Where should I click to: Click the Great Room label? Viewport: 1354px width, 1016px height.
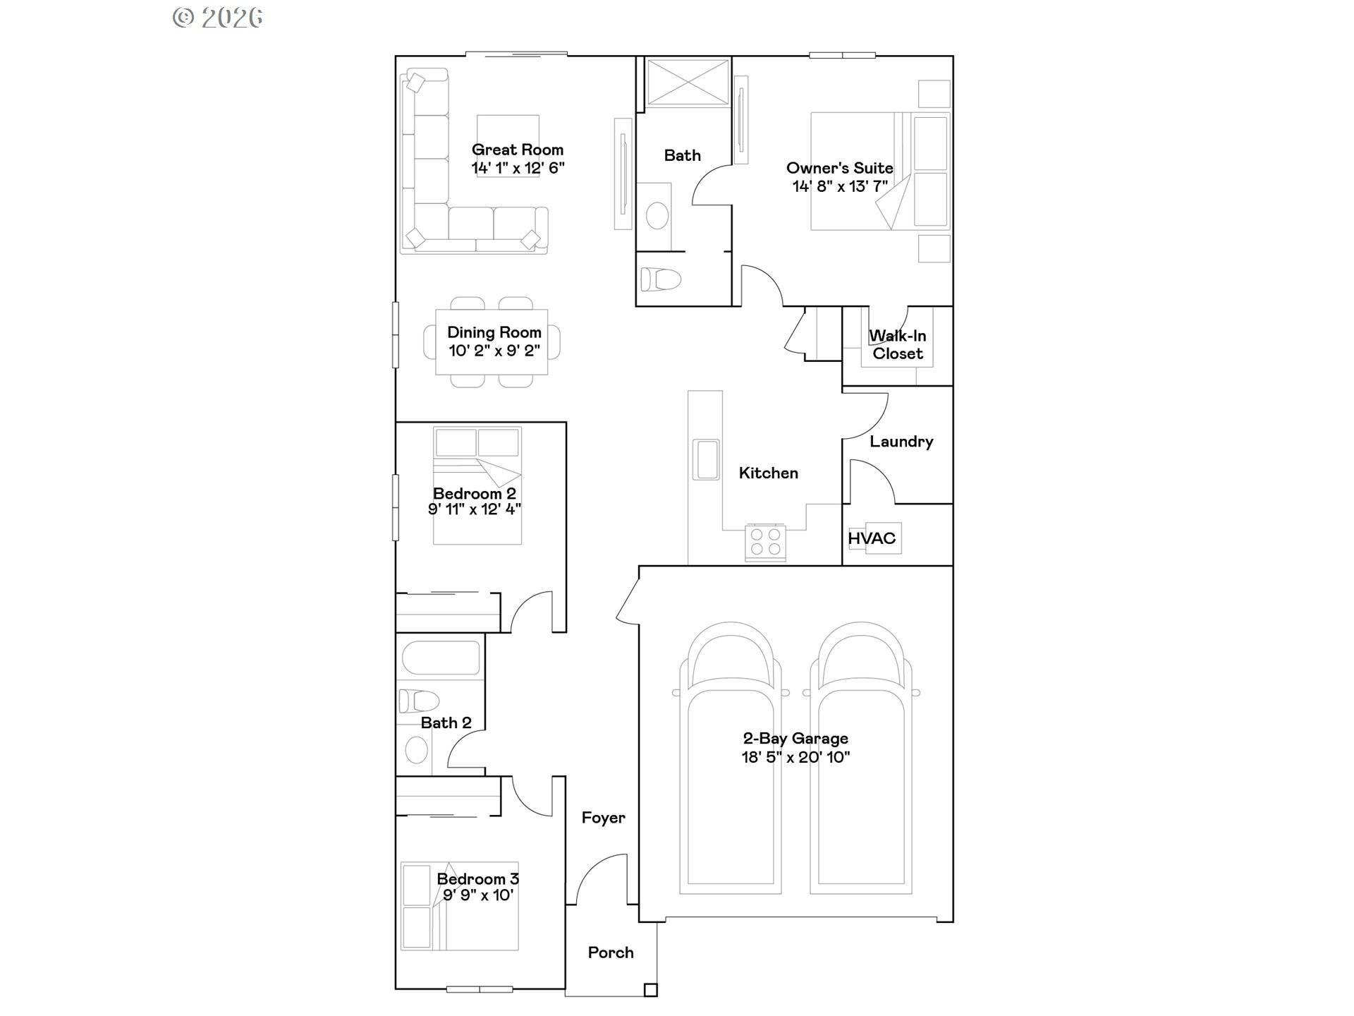pos(517,150)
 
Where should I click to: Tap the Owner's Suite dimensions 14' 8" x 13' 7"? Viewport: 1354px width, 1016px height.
pos(839,186)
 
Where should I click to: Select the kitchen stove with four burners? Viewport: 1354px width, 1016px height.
pos(765,543)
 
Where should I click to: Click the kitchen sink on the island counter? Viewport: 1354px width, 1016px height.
pos(705,459)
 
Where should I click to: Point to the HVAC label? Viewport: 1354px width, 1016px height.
pos(872,538)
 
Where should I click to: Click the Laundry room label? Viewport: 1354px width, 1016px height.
pos(901,442)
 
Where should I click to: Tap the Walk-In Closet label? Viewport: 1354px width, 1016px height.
pos(897,344)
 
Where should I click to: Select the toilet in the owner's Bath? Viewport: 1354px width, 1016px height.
pos(660,279)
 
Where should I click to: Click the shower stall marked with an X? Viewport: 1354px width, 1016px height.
pos(688,83)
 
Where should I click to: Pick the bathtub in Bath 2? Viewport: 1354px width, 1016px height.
pos(441,658)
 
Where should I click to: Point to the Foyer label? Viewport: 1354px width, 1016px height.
pos(603,818)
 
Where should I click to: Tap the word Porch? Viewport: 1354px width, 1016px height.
pos(611,953)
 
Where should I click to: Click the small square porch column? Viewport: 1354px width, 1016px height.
pos(650,990)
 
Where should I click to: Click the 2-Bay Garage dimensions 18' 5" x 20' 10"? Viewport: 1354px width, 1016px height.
pos(795,757)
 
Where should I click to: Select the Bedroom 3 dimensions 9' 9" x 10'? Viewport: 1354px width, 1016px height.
pos(477,895)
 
